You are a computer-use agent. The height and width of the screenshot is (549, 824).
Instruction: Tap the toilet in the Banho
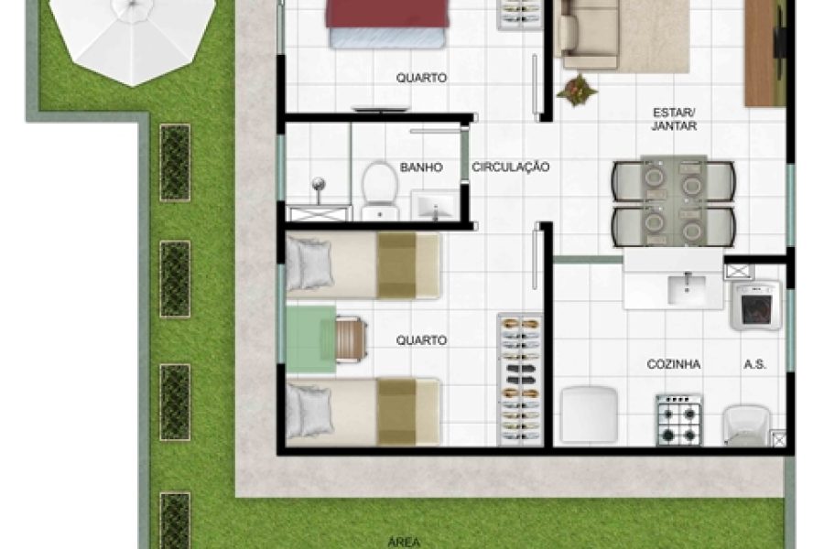coord(376,188)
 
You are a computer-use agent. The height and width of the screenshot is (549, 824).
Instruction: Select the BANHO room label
coord(421,168)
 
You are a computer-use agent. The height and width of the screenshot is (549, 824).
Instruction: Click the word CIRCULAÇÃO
coord(511,167)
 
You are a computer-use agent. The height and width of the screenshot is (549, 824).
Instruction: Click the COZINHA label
coord(673,364)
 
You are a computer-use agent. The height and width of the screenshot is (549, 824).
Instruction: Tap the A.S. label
coord(754,364)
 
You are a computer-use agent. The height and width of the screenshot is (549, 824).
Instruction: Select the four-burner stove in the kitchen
coord(678,420)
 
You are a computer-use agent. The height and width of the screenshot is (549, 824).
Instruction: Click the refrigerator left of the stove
coord(588,414)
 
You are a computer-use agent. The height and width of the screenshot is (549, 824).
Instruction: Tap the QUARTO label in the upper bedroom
coord(421,79)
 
